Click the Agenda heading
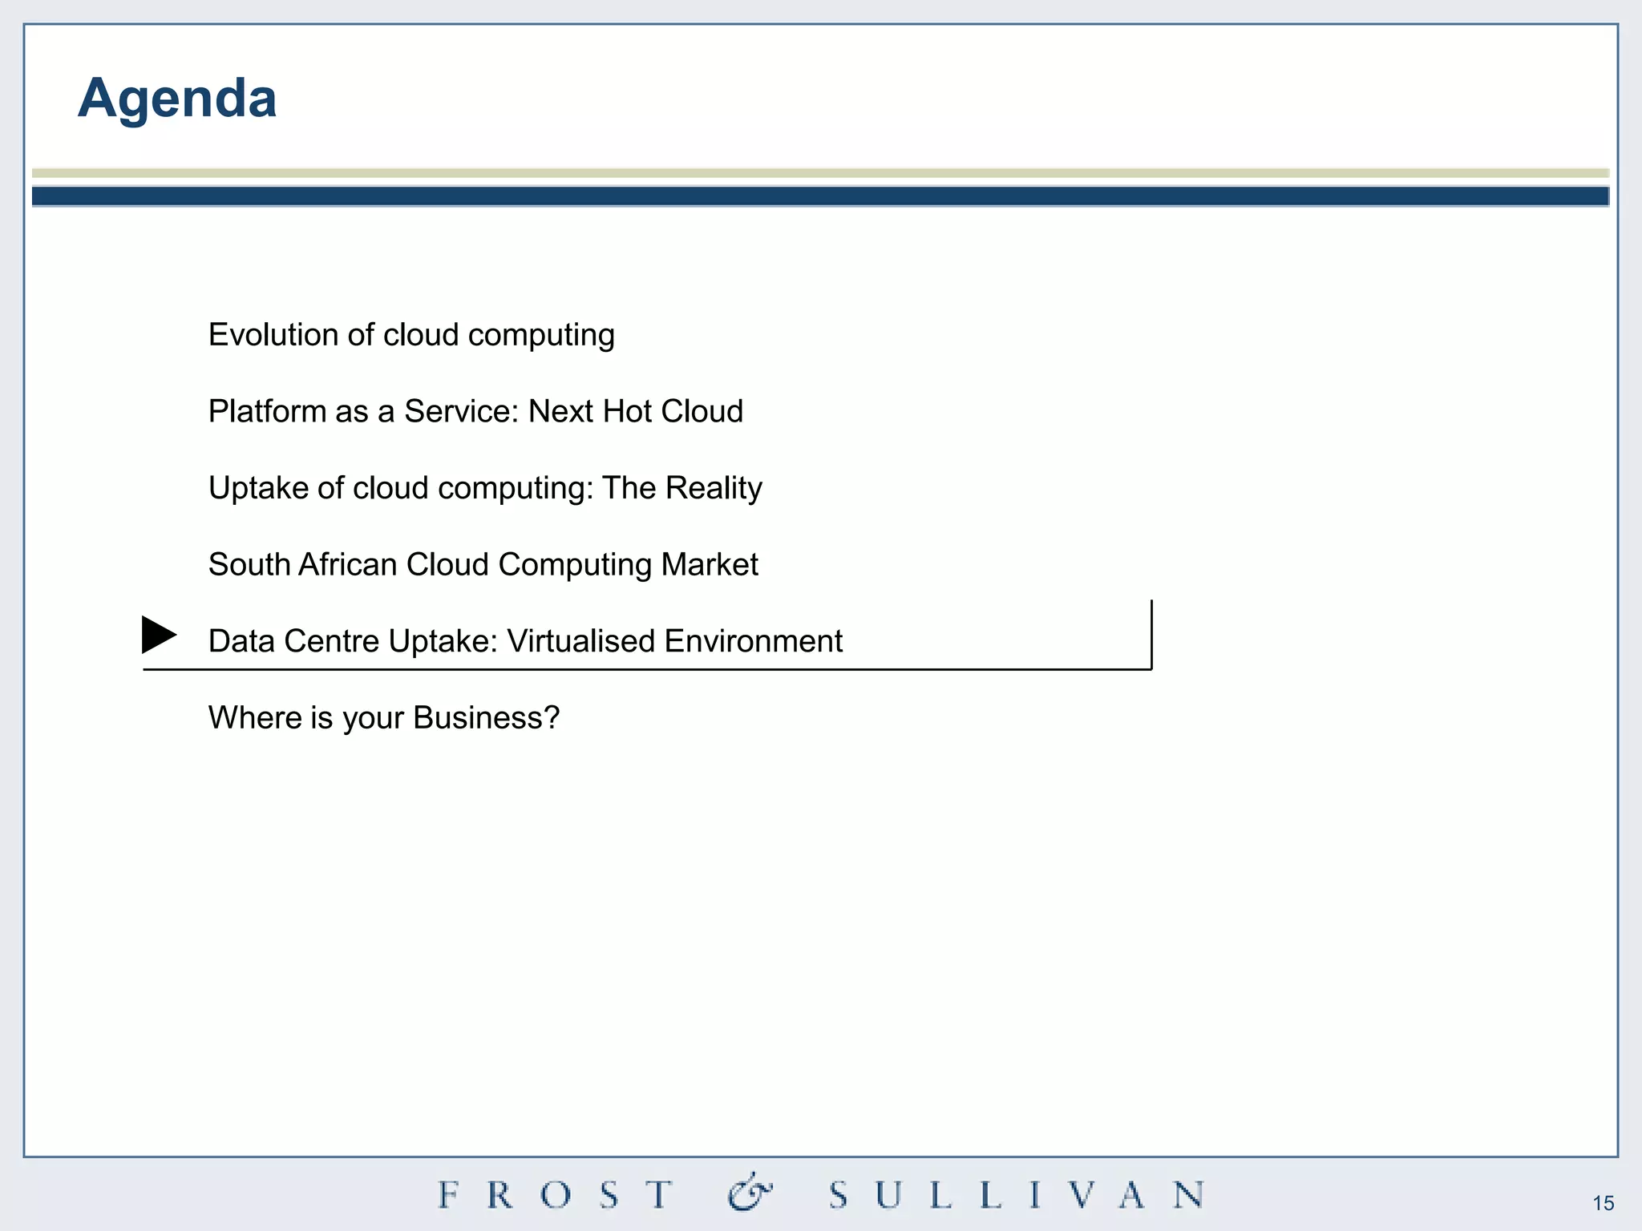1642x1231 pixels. pyautogui.click(x=177, y=99)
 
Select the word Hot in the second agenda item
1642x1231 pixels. pyautogui.click(x=627, y=412)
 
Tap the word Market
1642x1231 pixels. pyautogui.click(x=710, y=565)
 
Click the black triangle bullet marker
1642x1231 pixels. pyautogui.click(x=159, y=635)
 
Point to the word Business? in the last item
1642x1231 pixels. pyautogui.click(x=486, y=718)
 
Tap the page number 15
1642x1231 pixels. pyautogui.click(x=1603, y=1203)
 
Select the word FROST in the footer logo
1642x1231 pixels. pyautogui.click(x=555, y=1195)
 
